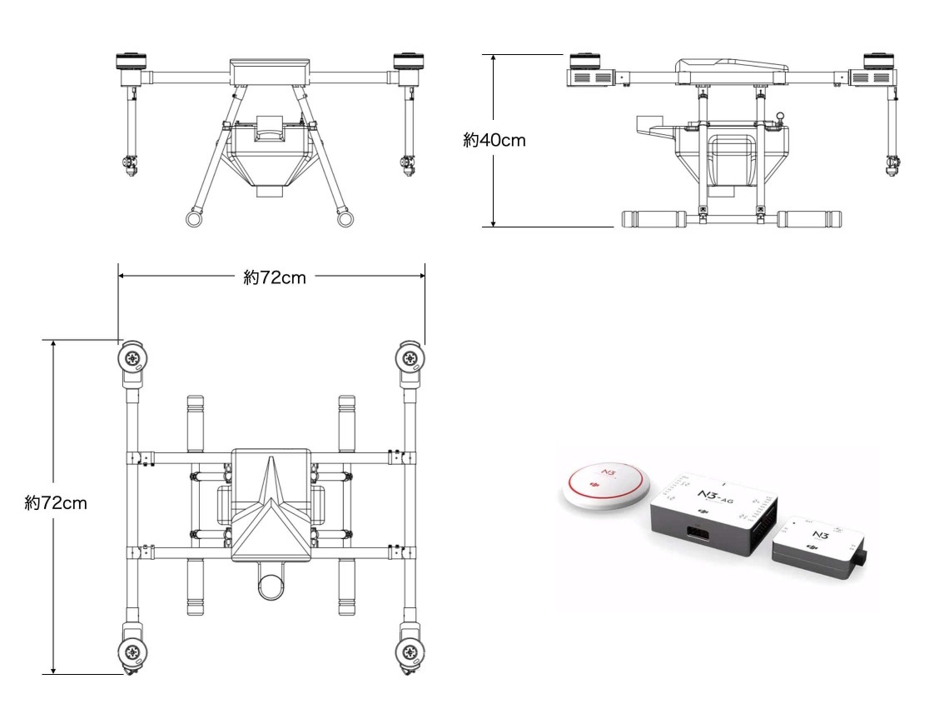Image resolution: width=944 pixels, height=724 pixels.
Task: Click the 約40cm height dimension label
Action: (494, 140)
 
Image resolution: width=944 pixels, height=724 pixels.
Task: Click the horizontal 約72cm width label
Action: (275, 277)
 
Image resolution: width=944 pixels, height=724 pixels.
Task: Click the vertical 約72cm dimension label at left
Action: (56, 503)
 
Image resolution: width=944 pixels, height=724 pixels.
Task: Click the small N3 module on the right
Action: (819, 546)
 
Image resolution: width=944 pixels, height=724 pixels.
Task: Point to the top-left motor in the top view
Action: (132, 360)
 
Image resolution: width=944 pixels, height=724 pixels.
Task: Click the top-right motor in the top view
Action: (410, 360)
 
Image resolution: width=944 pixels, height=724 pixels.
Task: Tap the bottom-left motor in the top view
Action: (132, 652)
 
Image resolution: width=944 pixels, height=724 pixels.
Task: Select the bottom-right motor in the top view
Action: (410, 652)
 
